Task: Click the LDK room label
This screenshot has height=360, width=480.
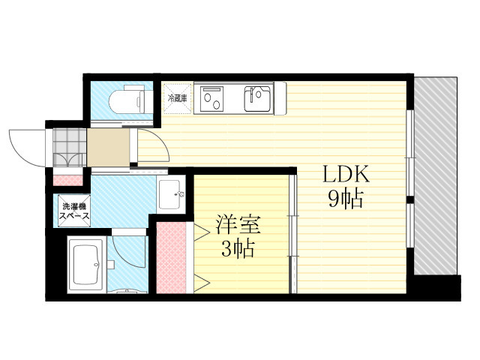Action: (x=346, y=175)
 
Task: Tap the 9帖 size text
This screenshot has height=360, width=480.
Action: (x=346, y=199)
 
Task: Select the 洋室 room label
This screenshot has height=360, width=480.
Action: (x=238, y=225)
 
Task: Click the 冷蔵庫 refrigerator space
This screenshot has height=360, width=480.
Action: (x=178, y=98)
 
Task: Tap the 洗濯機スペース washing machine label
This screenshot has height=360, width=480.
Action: (x=74, y=211)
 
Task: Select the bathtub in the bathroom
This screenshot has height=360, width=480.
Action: (x=86, y=265)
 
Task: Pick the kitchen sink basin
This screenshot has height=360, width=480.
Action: (x=257, y=98)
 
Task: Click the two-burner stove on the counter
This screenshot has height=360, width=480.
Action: (x=211, y=98)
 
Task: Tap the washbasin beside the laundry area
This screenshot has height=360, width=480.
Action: (x=171, y=194)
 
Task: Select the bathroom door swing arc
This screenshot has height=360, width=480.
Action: (x=126, y=252)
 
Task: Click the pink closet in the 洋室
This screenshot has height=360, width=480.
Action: (x=171, y=258)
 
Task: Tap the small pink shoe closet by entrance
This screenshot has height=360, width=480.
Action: (x=68, y=180)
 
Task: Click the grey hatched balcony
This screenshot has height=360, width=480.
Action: (x=436, y=175)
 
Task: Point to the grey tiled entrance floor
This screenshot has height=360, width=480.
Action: (x=70, y=148)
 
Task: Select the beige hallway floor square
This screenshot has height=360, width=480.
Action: (x=108, y=148)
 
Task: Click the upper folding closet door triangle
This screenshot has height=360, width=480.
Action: (x=201, y=232)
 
